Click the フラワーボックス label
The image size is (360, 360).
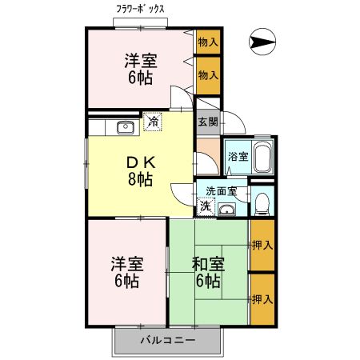pyautogui.click(x=140, y=10)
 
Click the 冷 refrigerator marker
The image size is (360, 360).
pyautogui.click(x=153, y=122)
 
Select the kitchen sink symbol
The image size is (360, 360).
pyautogui.click(x=125, y=126)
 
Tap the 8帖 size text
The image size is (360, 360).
pyautogui.click(x=139, y=179)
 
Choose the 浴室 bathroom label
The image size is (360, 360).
pyautogui.click(x=238, y=156)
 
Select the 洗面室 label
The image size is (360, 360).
pyautogui.click(x=221, y=191)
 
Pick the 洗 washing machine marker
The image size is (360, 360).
pyautogui.click(x=206, y=206)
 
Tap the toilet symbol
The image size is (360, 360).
pyautogui.click(x=262, y=203)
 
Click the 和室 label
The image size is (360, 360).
pyautogui.click(x=207, y=263)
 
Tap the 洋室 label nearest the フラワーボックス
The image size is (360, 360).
pyautogui.click(x=139, y=61)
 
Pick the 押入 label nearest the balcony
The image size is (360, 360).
pyautogui.click(x=262, y=300)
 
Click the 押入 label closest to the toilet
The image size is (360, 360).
pyautogui.click(x=262, y=244)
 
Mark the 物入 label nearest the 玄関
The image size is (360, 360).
pyautogui.click(x=208, y=74)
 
